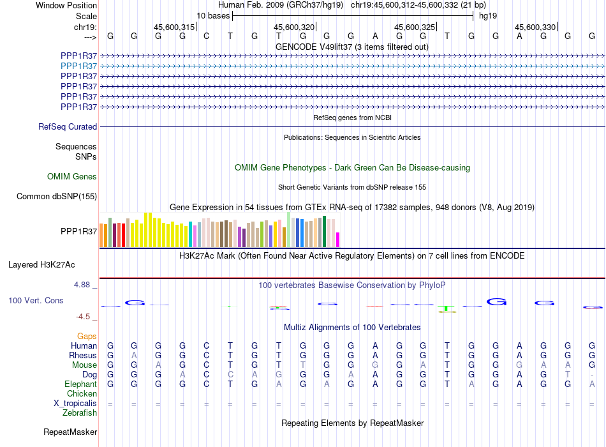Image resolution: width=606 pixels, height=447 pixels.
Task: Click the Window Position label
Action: (x=66, y=5)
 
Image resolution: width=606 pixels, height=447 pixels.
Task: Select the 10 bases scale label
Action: (x=213, y=16)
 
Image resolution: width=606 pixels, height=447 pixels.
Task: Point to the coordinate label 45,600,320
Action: (x=294, y=27)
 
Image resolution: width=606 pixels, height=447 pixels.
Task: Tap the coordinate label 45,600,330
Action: (x=535, y=27)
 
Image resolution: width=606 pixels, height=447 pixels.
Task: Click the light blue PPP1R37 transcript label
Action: (x=79, y=66)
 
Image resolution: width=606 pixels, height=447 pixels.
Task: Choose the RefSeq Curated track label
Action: (x=68, y=126)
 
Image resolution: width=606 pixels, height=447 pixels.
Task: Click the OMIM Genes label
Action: (x=72, y=176)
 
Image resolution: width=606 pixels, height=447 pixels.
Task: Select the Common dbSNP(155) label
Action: (x=57, y=196)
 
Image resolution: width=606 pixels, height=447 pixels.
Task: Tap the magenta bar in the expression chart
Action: (x=338, y=239)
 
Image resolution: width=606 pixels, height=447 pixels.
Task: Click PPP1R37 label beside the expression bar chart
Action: (x=79, y=231)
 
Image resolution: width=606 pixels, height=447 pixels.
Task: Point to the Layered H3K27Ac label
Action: (x=41, y=265)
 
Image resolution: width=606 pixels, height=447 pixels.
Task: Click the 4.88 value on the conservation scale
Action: (x=82, y=285)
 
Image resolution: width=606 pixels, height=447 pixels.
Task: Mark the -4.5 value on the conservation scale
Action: (x=83, y=317)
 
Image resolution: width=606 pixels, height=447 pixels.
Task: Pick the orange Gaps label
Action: (x=87, y=336)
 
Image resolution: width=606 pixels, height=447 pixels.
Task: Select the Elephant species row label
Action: (x=81, y=384)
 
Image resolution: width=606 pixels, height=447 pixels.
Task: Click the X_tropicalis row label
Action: (x=75, y=404)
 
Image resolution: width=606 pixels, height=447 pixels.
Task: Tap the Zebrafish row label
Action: (x=80, y=413)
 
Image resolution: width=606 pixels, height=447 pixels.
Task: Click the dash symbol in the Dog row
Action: (x=592, y=375)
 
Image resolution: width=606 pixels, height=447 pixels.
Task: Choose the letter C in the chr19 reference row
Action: (x=207, y=36)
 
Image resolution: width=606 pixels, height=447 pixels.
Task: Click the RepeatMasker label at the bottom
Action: (x=70, y=432)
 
